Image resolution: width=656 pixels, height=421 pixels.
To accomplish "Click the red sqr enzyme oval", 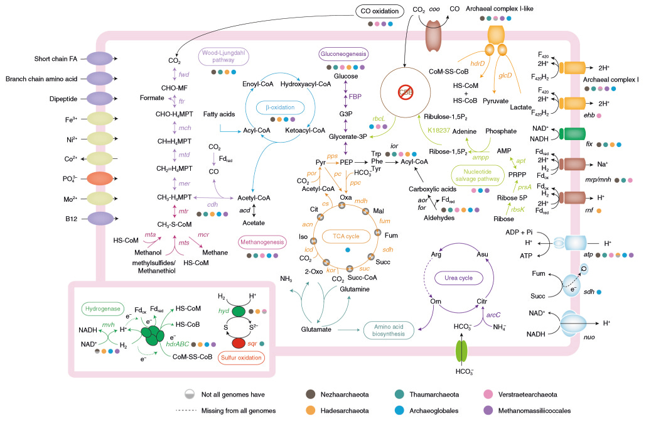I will click(x=239, y=343).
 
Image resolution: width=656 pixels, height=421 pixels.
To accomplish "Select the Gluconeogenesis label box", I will click(x=342, y=55).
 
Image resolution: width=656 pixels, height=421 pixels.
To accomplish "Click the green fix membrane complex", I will click(x=572, y=133).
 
